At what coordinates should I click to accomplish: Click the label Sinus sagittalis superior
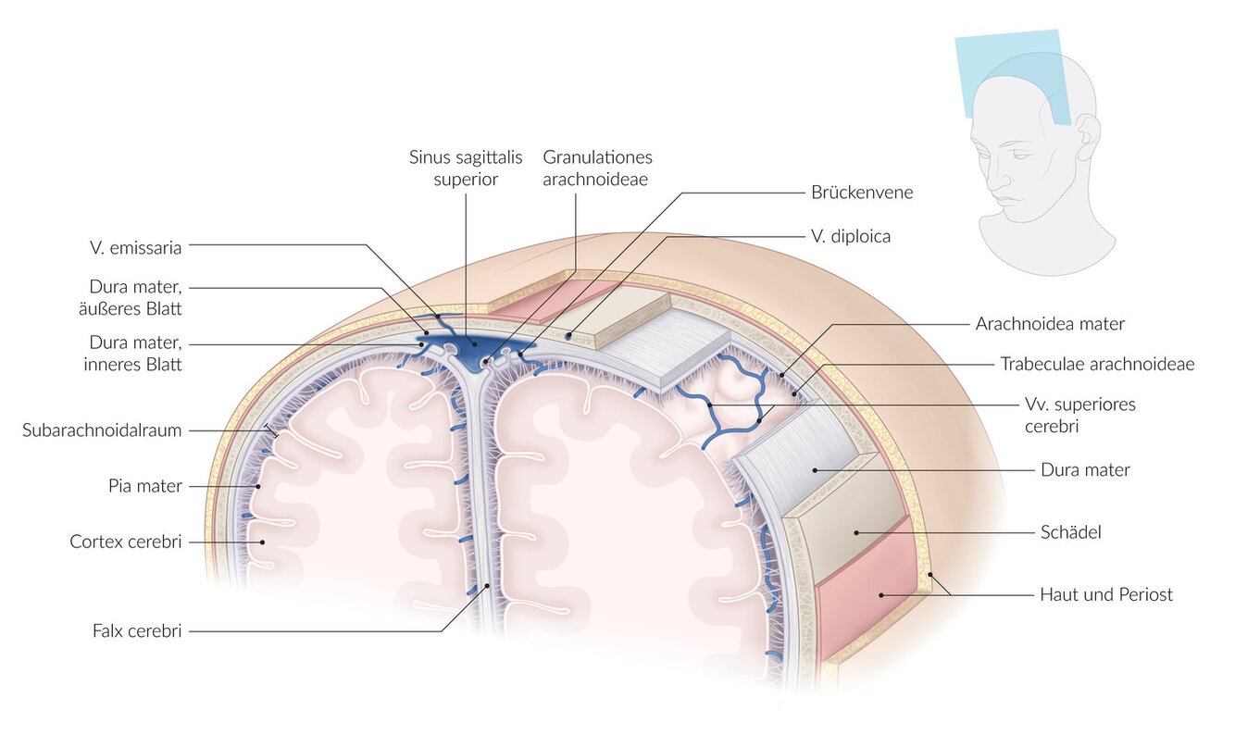(x=466, y=168)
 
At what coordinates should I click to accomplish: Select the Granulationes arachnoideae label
(x=597, y=168)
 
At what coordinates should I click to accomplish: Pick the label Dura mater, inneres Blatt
(x=136, y=353)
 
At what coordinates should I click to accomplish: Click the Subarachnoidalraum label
(x=102, y=430)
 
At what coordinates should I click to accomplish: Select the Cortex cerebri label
(x=126, y=541)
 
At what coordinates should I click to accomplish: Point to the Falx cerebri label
(x=137, y=631)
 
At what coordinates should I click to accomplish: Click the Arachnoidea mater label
(x=1050, y=323)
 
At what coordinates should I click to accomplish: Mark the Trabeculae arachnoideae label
(x=1097, y=364)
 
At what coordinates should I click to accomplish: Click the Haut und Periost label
(x=1105, y=594)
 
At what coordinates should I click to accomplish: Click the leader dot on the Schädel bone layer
(x=856, y=532)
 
